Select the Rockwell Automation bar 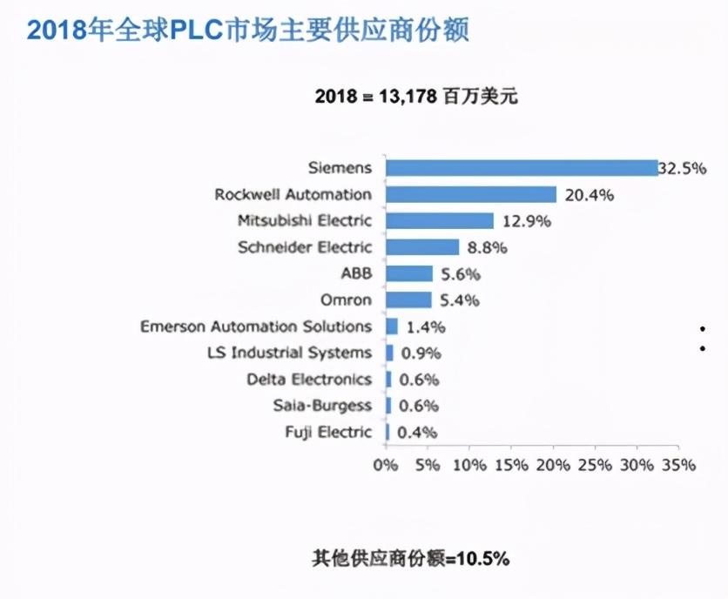point(471,194)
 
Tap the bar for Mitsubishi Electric point(439,221)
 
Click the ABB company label point(355,273)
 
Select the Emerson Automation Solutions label point(256,326)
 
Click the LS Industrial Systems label point(289,353)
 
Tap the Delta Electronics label point(308,380)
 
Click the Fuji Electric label point(328,432)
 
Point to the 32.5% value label point(682,168)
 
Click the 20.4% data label point(590,195)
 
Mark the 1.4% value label point(426,327)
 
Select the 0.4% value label point(416,433)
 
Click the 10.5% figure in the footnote point(481,558)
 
